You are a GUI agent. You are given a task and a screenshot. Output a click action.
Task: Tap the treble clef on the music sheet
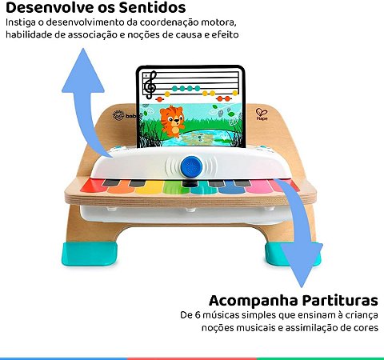[x=149, y=84]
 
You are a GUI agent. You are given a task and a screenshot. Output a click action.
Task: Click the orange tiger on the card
[x=170, y=119]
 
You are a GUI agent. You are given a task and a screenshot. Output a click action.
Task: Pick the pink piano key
[x=282, y=186]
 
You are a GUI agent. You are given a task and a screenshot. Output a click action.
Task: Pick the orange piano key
[x=120, y=186]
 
